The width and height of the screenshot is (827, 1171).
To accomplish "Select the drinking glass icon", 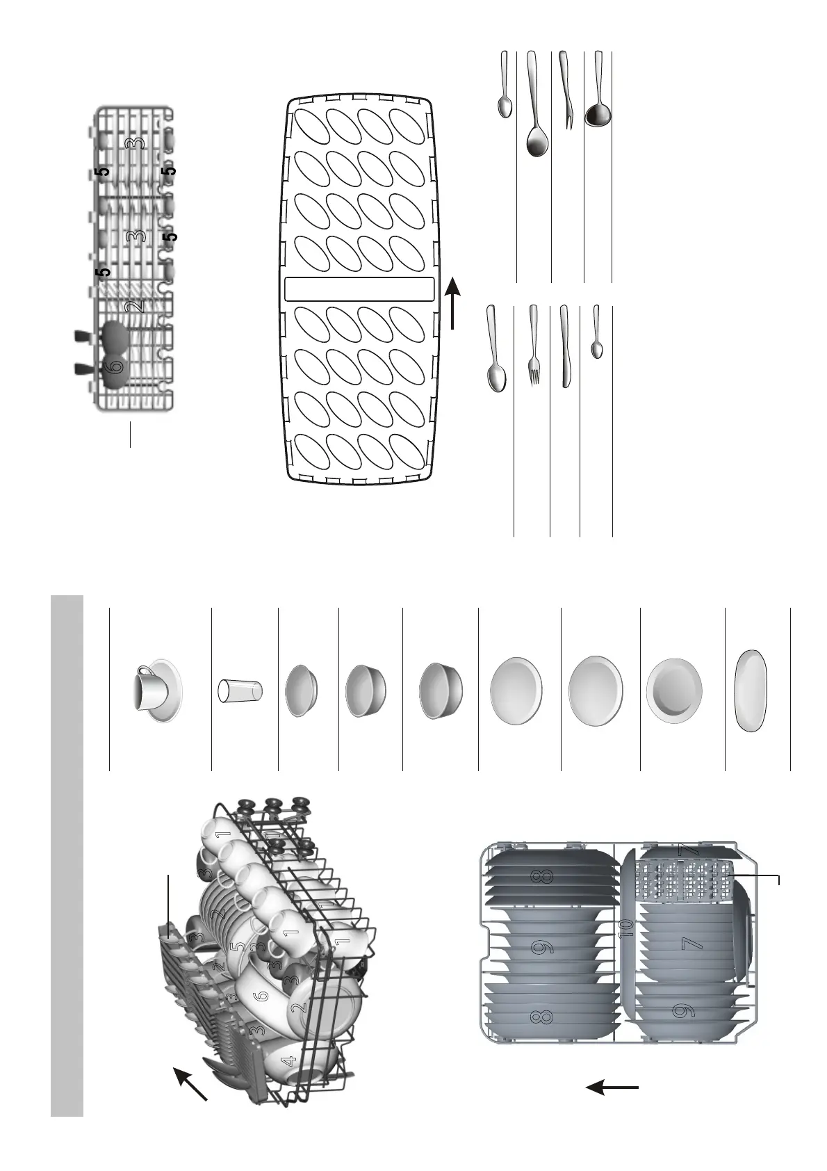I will pos(240,690).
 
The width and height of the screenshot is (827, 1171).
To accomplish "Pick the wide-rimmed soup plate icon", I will pos(674,691).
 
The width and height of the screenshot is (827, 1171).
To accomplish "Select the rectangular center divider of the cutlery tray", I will pos(359,289).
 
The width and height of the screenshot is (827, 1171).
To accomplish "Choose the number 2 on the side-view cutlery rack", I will pos(136,305).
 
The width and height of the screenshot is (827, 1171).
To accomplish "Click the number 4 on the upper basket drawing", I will pos(289,1061).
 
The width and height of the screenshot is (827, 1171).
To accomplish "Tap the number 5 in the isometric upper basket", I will pos(239,947).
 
